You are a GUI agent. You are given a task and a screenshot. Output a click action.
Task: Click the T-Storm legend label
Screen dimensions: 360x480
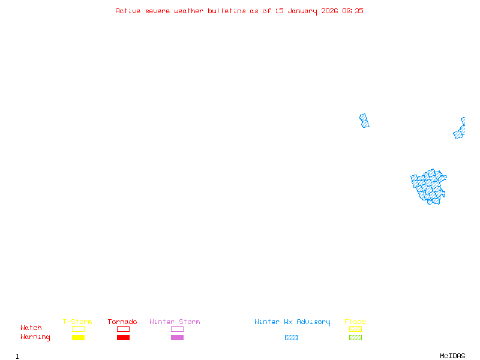(x=77, y=322)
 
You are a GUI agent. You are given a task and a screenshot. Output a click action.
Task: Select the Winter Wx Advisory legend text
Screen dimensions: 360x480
(x=292, y=322)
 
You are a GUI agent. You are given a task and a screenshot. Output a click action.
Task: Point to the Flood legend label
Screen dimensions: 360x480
(x=355, y=322)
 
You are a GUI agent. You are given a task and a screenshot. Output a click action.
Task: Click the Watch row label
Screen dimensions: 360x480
(x=31, y=328)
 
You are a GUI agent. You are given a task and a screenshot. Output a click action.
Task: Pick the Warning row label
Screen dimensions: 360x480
(x=35, y=337)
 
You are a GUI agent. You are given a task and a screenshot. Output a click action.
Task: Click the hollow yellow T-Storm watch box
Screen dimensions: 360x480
(x=78, y=329)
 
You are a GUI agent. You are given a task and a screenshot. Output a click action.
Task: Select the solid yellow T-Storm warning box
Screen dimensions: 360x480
(x=78, y=337)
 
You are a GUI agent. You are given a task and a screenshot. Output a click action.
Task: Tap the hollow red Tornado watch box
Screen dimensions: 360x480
(x=123, y=329)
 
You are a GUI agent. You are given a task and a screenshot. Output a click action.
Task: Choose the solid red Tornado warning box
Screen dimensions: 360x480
(x=123, y=337)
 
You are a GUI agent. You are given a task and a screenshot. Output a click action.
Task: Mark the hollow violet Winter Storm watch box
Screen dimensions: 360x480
(x=177, y=329)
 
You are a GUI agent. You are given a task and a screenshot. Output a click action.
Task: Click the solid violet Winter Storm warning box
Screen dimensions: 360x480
(x=177, y=337)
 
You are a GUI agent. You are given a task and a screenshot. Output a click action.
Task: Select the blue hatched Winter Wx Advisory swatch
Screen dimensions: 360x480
(x=291, y=337)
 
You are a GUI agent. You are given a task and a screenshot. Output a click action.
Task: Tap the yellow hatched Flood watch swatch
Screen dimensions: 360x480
(x=355, y=329)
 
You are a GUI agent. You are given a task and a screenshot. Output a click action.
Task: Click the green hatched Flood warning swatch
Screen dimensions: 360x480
(x=355, y=337)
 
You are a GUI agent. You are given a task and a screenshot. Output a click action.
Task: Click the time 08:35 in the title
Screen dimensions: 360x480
(x=352, y=11)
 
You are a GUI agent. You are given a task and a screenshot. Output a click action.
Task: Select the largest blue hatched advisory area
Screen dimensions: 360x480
(x=429, y=186)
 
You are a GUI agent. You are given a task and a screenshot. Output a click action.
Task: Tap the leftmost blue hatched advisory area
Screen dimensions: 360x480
(x=364, y=121)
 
